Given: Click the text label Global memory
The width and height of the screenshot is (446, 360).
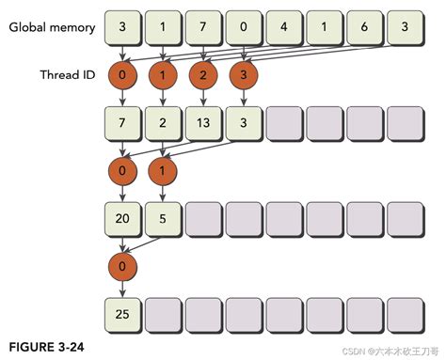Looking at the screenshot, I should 53,27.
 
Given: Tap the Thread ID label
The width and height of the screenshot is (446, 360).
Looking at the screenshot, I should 68,73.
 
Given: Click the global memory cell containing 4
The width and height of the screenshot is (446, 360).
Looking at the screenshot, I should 284,26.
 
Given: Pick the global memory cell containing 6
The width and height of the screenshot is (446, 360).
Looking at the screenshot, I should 365,26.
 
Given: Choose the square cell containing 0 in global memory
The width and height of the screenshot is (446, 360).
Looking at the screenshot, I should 244,26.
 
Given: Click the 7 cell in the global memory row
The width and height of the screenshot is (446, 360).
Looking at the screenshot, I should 203,26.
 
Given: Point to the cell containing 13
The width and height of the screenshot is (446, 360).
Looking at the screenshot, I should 203,122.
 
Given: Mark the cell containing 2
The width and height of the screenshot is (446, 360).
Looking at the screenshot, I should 163,122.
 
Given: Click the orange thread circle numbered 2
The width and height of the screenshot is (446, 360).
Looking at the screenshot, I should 203,74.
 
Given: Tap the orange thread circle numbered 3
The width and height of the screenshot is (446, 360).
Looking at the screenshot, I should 244,74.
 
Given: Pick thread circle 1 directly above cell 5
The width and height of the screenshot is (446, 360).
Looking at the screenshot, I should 163,170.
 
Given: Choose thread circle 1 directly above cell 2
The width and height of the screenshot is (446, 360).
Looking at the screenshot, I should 163,74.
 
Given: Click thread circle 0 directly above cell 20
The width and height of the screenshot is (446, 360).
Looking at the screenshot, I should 122,170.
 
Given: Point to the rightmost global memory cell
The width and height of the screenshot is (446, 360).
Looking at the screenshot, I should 406,26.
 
